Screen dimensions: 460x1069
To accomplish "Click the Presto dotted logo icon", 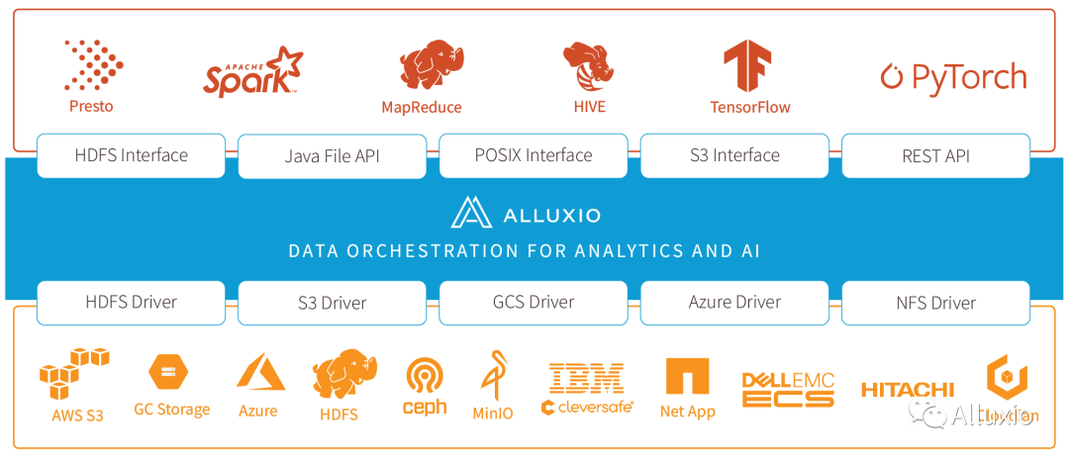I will click(94, 64).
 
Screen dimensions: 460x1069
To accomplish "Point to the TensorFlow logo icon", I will click(748, 66).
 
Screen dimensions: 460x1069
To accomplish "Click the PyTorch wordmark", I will click(954, 77).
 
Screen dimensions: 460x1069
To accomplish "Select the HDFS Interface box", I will click(132, 155).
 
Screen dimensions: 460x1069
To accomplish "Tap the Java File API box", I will click(333, 156).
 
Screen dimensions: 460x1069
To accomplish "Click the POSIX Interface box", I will click(534, 155).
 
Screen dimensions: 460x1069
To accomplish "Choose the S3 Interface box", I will click(735, 155).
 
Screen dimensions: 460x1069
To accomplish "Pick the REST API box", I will click(936, 156).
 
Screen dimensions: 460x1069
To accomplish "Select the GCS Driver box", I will click(534, 303).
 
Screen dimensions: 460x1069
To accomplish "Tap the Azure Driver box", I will click(735, 303).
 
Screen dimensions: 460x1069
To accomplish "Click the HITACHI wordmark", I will click(907, 390).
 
